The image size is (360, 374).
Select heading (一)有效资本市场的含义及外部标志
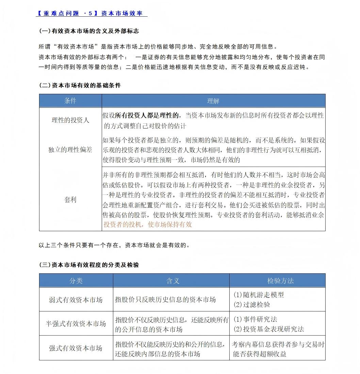coord(89,31)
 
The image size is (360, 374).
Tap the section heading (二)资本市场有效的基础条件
coord(80,85)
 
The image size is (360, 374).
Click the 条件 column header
coord(70,101)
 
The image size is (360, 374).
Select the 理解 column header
coord(213,101)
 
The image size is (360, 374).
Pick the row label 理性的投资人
coord(70,120)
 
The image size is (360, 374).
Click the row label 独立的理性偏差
coord(70,150)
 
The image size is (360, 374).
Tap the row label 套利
coord(70,200)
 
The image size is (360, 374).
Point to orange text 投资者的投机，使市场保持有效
coord(148,224)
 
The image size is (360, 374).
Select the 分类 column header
coord(76,280)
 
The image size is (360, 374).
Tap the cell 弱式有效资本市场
coord(76,300)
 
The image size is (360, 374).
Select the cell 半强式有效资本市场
coord(76,324)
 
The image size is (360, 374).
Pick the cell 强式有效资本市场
coord(76,348)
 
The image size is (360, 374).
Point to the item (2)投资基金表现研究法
coord(268,329)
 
